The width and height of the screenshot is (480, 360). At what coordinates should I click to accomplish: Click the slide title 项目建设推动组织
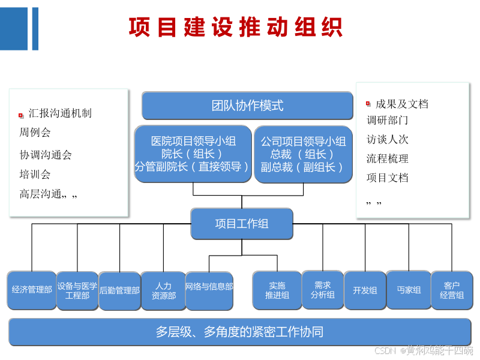[235, 28]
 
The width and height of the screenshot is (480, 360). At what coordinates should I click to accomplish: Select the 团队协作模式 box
[247, 106]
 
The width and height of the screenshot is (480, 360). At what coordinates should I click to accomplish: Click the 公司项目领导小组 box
[303, 154]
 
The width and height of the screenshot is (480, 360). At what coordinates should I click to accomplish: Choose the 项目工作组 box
[242, 224]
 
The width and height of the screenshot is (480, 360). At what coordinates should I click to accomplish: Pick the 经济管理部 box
[32, 290]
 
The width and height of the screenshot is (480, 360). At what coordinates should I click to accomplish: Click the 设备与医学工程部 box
[77, 290]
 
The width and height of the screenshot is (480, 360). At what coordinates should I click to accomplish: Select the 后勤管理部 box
[119, 290]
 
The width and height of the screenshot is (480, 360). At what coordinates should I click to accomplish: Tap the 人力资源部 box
[163, 291]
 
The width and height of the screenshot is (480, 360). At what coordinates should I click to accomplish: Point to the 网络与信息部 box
[209, 290]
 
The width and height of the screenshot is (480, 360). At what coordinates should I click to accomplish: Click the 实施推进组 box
[277, 290]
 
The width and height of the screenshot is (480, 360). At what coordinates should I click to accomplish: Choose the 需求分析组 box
[322, 290]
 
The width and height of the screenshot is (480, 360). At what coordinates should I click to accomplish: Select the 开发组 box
[365, 290]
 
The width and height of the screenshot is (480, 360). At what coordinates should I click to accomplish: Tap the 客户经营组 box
[451, 290]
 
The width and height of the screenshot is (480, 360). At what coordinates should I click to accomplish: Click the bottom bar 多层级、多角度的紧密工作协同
[239, 332]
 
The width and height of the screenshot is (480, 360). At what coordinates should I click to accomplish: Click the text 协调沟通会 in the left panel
[46, 155]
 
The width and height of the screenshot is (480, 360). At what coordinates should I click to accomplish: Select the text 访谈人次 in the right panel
[387, 139]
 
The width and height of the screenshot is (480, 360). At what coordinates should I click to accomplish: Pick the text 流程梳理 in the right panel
[387, 158]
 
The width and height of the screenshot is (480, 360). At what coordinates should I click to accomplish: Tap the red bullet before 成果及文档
[368, 104]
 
